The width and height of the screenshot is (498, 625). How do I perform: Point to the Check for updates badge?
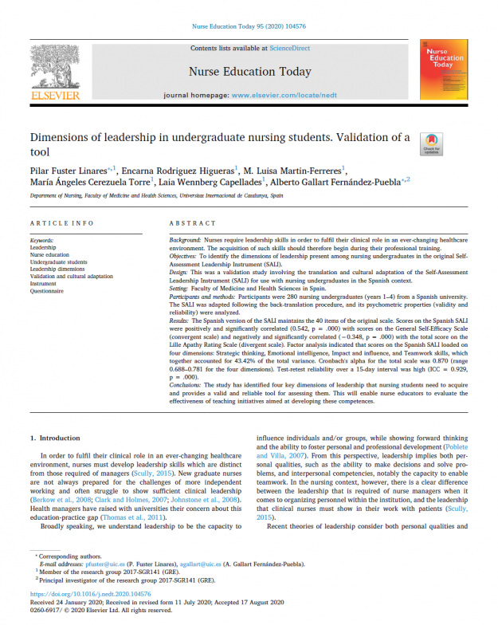(431, 143)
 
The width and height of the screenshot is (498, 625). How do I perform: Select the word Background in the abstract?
(188, 240)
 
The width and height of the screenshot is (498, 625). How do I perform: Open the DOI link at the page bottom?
(84, 594)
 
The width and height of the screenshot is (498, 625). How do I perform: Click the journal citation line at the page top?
(249, 26)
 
